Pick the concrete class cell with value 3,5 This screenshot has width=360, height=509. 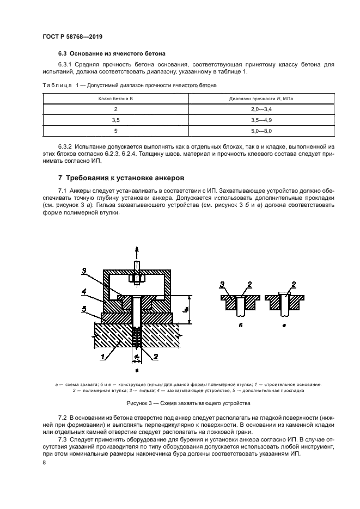pyautogui.click(x=115, y=120)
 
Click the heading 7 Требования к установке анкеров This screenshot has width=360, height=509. pyautogui.click(x=121, y=178)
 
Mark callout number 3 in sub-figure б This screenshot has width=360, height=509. pyautogui.click(x=222, y=284)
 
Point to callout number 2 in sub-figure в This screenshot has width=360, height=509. pyautogui.click(x=294, y=284)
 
